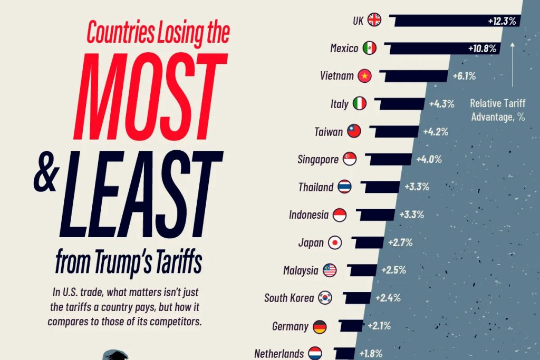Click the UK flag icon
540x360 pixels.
[x=374, y=20]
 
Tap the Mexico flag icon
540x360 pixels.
[x=370, y=48]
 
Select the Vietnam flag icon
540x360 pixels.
[x=364, y=76]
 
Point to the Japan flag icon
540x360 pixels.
[x=335, y=242]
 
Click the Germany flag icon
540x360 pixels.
[x=320, y=326]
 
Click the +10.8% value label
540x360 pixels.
[x=482, y=48]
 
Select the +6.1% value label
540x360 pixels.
[x=464, y=76]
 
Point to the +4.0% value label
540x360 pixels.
[x=429, y=159]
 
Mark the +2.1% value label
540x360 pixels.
[x=379, y=326]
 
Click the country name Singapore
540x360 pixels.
[x=317, y=159]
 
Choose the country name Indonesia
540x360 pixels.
[x=308, y=215]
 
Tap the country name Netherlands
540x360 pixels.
[x=279, y=353]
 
